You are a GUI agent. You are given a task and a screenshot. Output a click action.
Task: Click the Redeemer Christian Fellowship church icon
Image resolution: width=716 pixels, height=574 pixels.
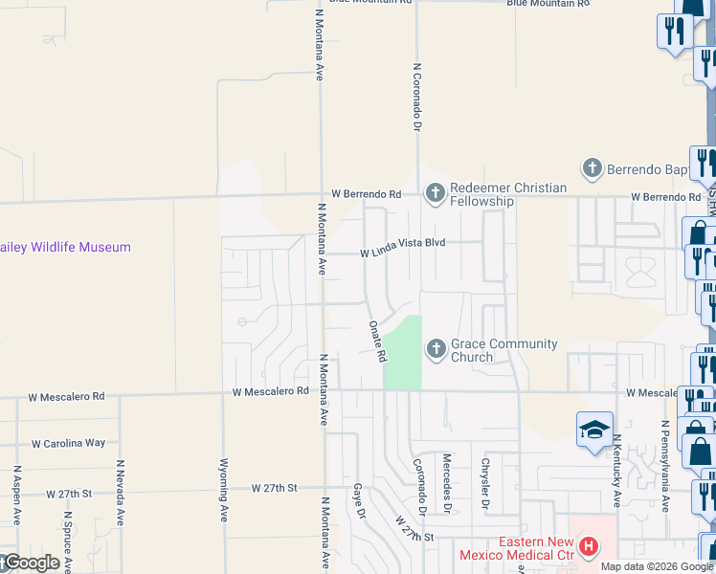click(x=436, y=194)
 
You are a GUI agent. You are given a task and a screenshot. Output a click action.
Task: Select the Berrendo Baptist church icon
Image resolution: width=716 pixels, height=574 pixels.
click(x=593, y=169)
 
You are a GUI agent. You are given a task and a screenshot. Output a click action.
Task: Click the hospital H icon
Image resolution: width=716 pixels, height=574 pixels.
click(x=590, y=547)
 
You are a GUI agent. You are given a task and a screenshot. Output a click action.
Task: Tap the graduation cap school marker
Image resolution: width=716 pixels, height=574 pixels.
click(x=594, y=430)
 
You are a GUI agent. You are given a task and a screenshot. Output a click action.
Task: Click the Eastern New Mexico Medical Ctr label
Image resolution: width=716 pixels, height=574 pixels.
click(x=517, y=548)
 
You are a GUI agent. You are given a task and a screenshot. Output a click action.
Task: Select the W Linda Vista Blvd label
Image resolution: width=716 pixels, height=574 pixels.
click(x=403, y=254)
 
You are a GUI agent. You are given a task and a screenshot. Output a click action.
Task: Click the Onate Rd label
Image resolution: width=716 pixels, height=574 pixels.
click(x=377, y=341)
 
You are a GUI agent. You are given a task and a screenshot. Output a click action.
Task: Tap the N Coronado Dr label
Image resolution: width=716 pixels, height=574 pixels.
click(x=417, y=97)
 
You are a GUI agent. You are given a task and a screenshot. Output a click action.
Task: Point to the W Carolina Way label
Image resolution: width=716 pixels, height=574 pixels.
click(x=68, y=443)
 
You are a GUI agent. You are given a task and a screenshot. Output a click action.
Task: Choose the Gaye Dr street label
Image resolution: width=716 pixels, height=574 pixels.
click(x=361, y=500)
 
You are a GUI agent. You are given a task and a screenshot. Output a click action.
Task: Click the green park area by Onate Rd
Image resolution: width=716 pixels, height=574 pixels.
click(x=405, y=354)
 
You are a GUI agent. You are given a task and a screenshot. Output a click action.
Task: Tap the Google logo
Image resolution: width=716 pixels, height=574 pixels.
click(x=31, y=563)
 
